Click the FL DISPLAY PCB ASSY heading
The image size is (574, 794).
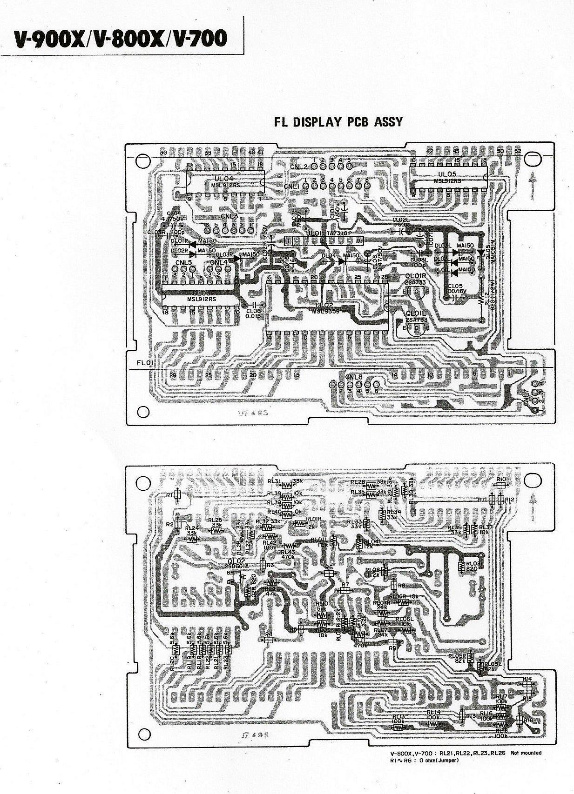click(x=338, y=122)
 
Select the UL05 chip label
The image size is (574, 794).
click(x=447, y=174)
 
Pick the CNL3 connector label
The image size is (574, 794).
click(x=229, y=216)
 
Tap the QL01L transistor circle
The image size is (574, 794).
click(x=415, y=328)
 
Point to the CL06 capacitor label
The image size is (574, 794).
click(x=254, y=311)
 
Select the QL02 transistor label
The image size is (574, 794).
click(x=236, y=561)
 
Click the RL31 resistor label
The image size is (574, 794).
click(x=274, y=481)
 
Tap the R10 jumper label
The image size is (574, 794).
click(x=501, y=479)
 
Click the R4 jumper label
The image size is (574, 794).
click(x=268, y=634)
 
